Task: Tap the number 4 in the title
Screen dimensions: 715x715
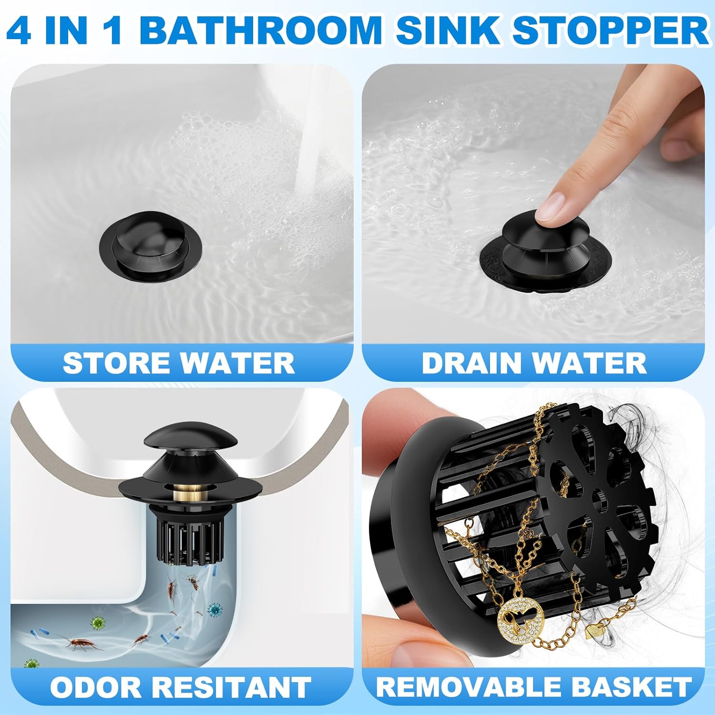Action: point(19,30)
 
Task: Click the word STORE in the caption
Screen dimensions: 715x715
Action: point(118,363)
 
